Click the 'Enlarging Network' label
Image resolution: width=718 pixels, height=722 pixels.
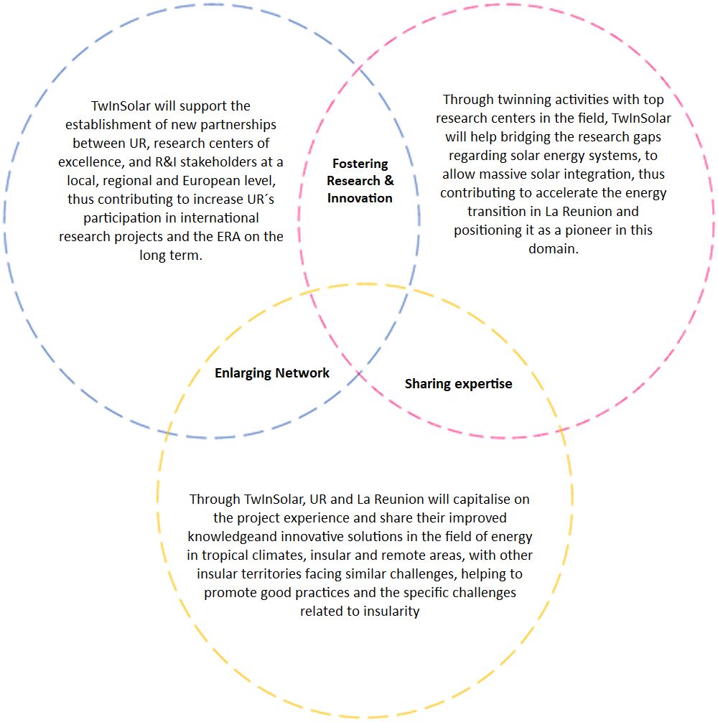click(272, 373)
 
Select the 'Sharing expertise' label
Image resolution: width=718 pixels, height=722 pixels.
click(458, 384)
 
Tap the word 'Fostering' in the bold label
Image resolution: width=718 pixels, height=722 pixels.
click(360, 164)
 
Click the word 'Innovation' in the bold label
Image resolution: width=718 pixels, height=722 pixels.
click(360, 198)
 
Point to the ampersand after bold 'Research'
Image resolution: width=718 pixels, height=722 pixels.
click(389, 181)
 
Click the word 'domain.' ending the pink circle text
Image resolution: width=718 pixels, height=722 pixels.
click(553, 248)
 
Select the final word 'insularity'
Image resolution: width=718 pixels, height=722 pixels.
click(391, 611)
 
